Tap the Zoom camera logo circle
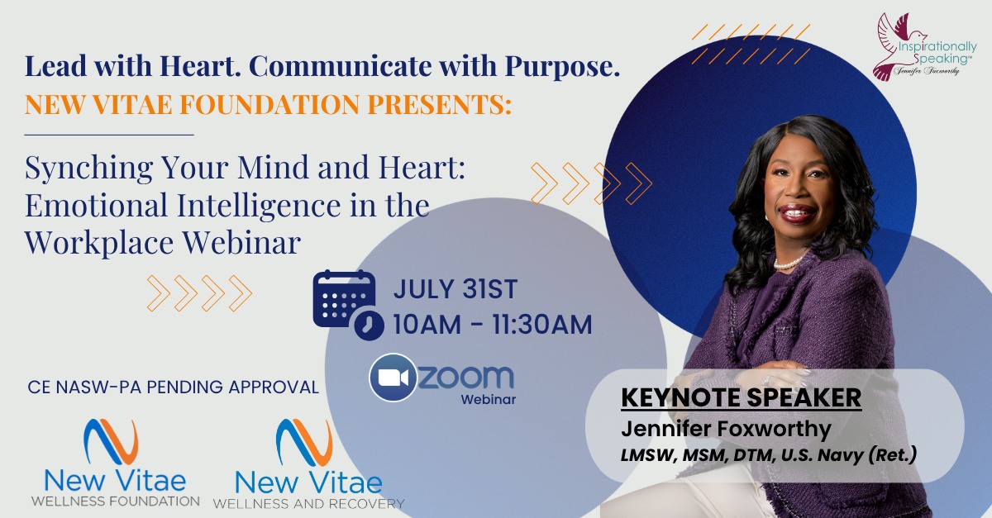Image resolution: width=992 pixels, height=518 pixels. [393, 378]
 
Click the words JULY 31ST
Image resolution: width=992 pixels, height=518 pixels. [455, 289]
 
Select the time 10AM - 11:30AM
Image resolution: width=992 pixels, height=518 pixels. [493, 324]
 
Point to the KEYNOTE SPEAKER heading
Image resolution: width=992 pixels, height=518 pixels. [742, 397]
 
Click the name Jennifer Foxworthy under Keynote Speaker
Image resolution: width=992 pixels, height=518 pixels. [726, 429]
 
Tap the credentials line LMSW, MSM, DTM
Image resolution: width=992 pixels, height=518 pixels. [768, 455]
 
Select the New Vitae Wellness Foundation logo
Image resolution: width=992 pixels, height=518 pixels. [115, 462]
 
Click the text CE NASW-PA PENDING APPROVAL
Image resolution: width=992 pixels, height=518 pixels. [173, 387]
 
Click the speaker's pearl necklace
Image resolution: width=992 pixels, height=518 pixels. [789, 264]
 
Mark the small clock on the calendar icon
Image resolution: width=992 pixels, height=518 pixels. [369, 326]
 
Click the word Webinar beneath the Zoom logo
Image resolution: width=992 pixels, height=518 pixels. [489, 399]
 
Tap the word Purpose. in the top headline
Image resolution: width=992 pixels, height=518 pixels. [562, 67]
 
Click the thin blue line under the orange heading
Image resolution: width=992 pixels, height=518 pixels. [109, 135]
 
